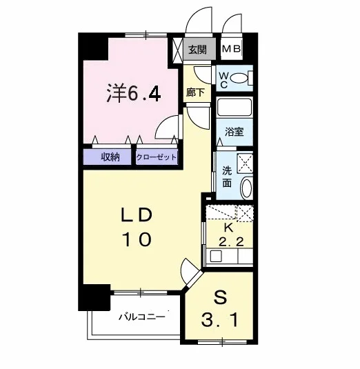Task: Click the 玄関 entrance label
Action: tap(198, 50)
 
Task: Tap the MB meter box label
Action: tap(232, 49)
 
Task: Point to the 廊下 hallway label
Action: tap(195, 92)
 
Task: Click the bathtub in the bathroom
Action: tap(234, 108)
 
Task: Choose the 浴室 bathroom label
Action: tap(234, 132)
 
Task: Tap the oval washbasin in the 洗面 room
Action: tap(247, 188)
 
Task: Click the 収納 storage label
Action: tap(110, 157)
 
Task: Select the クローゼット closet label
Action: tap(157, 157)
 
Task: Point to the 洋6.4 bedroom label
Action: tap(134, 92)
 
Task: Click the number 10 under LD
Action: tap(137, 239)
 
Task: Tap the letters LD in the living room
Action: tap(137, 216)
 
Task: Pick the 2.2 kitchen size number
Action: tap(231, 242)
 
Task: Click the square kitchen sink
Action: tap(216, 257)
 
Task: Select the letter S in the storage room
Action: tap(220, 298)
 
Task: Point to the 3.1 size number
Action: tap(220, 320)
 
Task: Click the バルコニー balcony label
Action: tap(141, 317)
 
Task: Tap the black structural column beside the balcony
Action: tap(94, 297)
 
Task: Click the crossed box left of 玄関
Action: tap(178, 50)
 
